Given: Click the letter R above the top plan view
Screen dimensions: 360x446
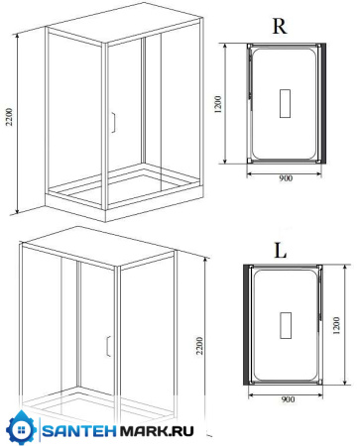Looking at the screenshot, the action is pyautogui.click(x=280, y=27).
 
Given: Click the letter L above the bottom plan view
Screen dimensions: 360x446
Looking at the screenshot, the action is pyautogui.click(x=281, y=251).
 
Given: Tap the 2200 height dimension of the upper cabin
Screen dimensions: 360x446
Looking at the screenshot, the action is pyautogui.click(x=9, y=117).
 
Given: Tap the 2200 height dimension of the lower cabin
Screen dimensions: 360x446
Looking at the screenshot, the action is pyautogui.click(x=199, y=346).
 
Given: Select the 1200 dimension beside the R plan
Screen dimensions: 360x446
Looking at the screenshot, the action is pyautogui.click(x=217, y=104).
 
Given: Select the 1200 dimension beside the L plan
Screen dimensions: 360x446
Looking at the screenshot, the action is pyautogui.click(x=336, y=325).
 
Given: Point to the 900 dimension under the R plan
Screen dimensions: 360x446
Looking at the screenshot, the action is pyautogui.click(x=286, y=178).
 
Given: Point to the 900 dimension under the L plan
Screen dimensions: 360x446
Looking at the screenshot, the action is pyautogui.click(x=288, y=399).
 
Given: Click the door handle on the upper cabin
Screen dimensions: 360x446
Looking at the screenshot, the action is pyautogui.click(x=113, y=123).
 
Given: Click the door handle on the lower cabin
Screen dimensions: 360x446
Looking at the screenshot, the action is pyautogui.click(x=108, y=346).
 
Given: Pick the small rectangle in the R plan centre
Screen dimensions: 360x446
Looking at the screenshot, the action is pyautogui.click(x=285, y=103).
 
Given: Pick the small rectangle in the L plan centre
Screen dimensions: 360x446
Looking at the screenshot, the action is pyautogui.click(x=286, y=325).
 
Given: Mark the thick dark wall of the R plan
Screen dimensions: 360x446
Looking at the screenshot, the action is pyautogui.click(x=323, y=103).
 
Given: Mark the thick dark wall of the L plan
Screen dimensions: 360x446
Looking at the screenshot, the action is pyautogui.click(x=246, y=325).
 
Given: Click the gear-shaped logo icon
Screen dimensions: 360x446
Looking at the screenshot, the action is pyautogui.click(x=22, y=429).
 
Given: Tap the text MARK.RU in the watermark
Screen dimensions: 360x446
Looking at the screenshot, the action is pyautogui.click(x=157, y=431).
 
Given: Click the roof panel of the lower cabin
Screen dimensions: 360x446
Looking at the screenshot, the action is pyautogui.click(x=99, y=246).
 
